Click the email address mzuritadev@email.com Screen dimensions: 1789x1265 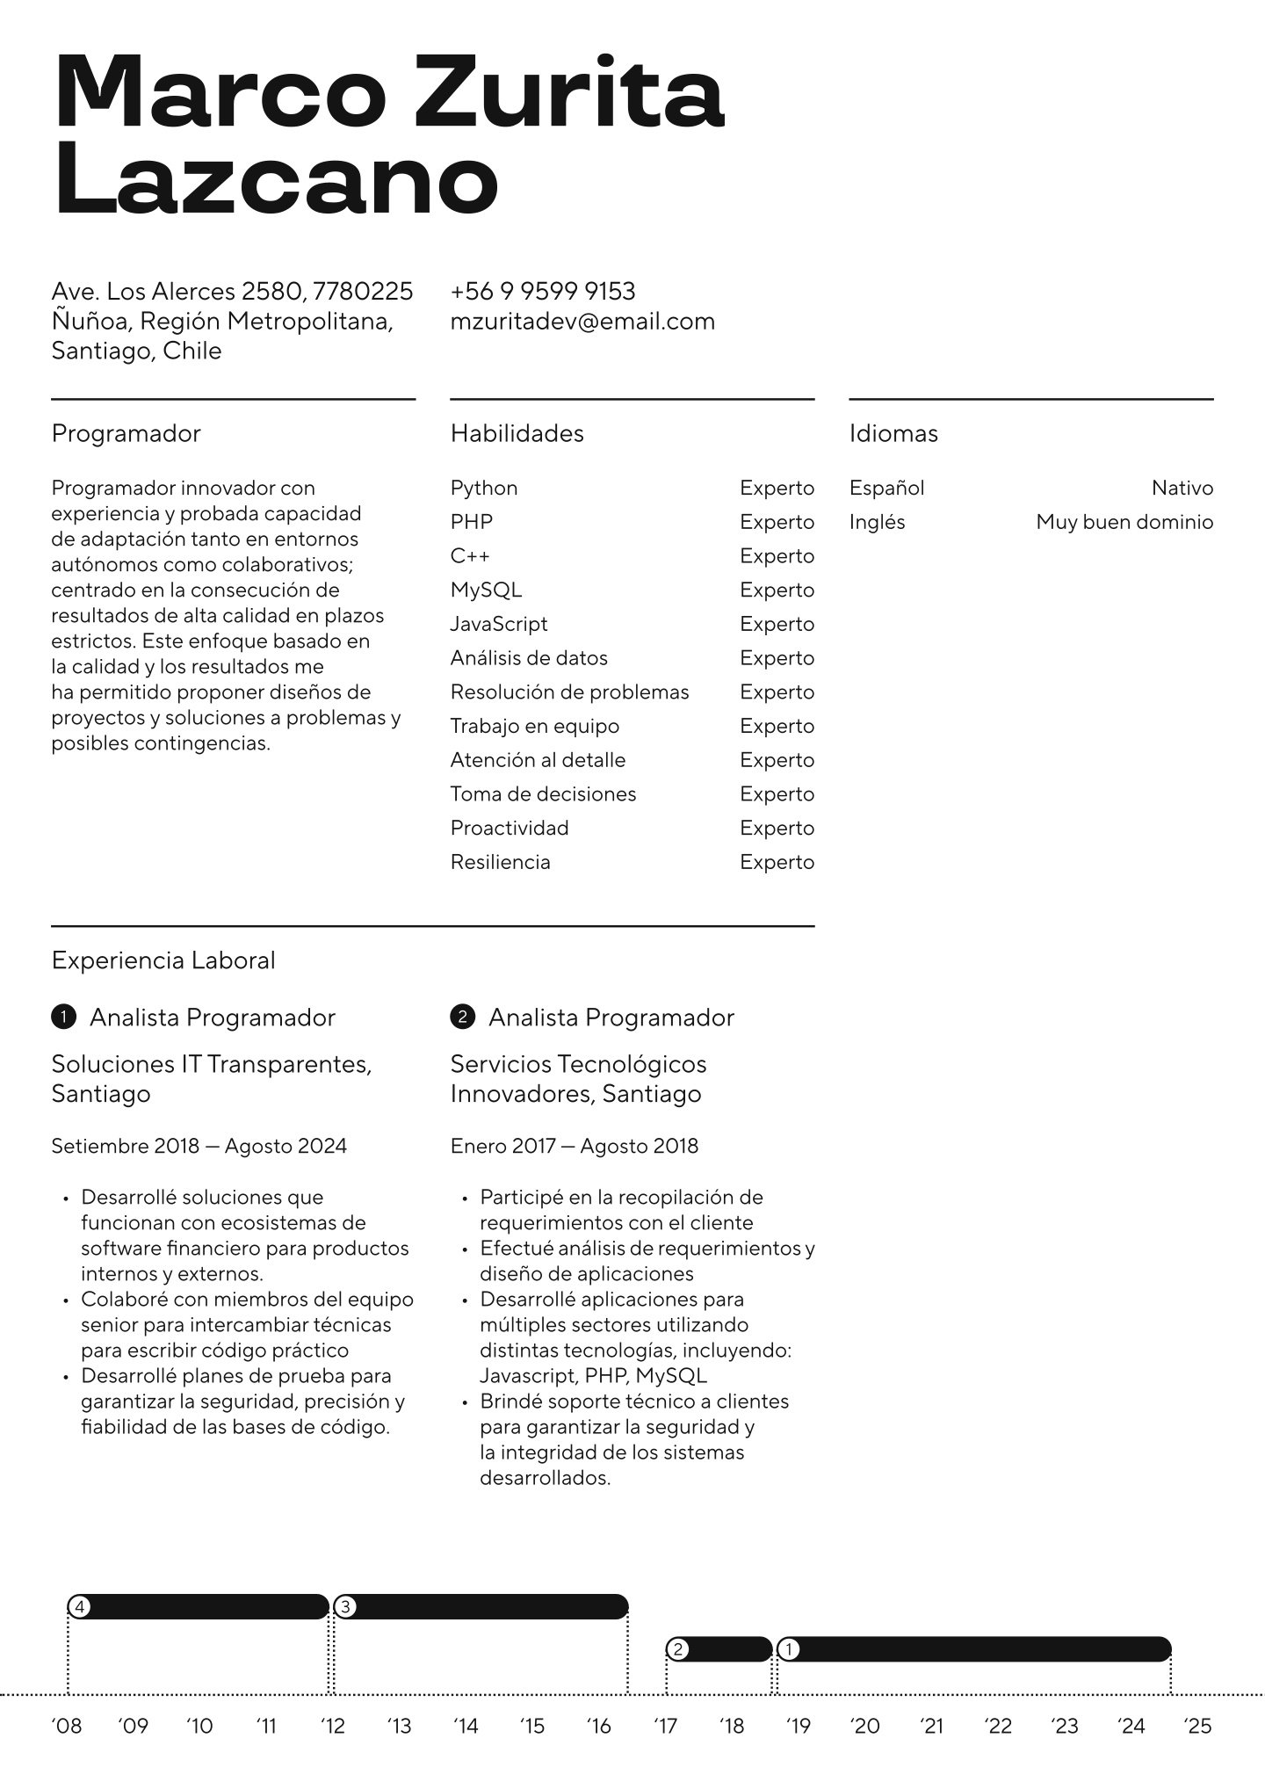tap(582, 322)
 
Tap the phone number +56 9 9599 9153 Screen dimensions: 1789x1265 tap(542, 291)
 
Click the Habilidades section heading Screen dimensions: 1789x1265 tap(517, 433)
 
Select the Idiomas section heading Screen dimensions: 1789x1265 tap(893, 433)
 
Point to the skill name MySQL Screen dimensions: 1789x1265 tap(486, 590)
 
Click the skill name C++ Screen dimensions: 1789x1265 tap(470, 556)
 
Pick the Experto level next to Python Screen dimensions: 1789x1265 tap(777, 488)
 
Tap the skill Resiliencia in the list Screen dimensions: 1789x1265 tap(500, 862)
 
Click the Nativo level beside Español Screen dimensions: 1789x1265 tap(1182, 488)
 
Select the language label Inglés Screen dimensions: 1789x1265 tap(877, 522)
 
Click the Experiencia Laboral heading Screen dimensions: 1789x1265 tap(163, 960)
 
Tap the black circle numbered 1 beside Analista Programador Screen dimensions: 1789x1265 tap(64, 1018)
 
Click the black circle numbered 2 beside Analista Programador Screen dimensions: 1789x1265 tap(462, 1018)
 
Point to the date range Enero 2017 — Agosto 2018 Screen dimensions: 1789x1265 tap(574, 1146)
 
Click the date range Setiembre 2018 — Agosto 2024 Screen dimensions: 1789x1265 tap(199, 1146)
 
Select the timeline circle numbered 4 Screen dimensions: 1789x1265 tap(79, 1607)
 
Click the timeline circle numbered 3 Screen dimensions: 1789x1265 tap(346, 1607)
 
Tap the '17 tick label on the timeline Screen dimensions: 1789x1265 tap(666, 1727)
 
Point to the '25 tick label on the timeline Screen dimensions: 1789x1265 tap(1197, 1727)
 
